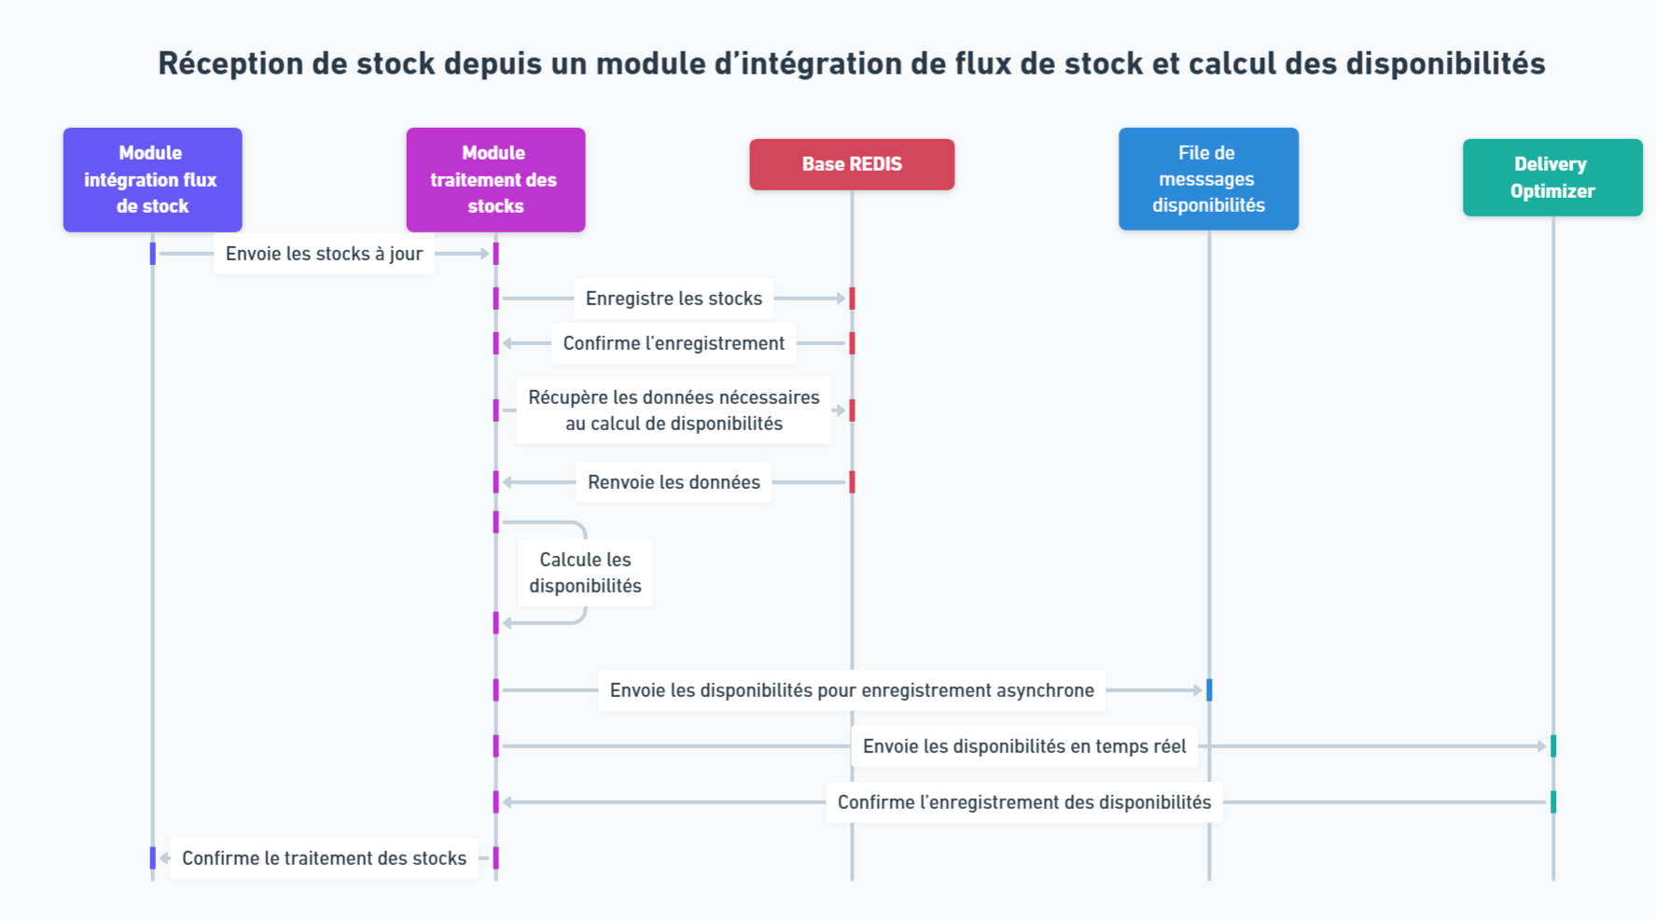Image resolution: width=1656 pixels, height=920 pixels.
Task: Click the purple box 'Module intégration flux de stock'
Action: click(x=152, y=179)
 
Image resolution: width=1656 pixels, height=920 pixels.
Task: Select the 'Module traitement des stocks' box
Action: click(x=495, y=179)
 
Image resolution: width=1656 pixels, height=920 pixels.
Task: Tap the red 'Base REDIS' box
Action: click(x=852, y=164)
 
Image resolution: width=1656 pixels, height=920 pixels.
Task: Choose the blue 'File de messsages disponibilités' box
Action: click(x=1208, y=179)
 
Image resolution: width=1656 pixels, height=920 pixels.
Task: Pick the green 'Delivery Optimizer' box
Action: click(x=1552, y=177)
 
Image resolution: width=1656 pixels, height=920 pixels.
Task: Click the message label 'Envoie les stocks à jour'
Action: click(x=324, y=254)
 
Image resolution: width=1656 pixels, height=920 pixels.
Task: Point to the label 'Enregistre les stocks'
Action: click(x=674, y=299)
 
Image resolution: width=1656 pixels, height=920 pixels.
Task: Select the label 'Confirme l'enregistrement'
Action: click(x=674, y=343)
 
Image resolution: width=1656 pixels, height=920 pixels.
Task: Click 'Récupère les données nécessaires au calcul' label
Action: click(x=674, y=411)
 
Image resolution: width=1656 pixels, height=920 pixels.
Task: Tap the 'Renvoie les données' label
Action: click(x=674, y=482)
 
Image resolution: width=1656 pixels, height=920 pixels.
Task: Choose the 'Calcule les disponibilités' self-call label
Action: click(x=585, y=573)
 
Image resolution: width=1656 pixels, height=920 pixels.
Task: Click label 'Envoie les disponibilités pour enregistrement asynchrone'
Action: click(x=852, y=690)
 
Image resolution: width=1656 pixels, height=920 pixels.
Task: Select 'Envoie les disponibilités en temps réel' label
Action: click(x=1024, y=746)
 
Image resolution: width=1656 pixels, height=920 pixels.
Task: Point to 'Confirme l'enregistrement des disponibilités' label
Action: click(x=1024, y=802)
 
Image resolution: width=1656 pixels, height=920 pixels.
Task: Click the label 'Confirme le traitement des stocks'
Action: click(x=324, y=858)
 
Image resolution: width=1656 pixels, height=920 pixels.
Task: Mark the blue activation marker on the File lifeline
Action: click(x=1209, y=690)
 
